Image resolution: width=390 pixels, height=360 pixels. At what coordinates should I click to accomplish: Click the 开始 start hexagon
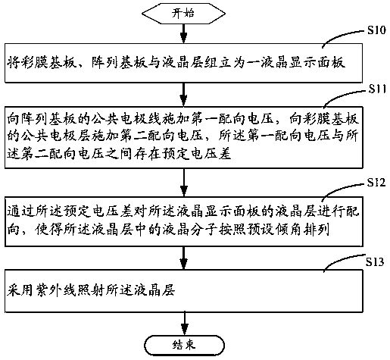click(x=183, y=14)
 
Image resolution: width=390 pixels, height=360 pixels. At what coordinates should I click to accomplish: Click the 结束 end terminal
click(x=184, y=346)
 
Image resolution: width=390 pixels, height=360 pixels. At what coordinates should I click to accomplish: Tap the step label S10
click(x=376, y=30)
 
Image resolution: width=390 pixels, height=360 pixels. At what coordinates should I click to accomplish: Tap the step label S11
click(x=377, y=89)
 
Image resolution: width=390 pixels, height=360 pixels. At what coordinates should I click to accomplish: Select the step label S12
click(x=376, y=182)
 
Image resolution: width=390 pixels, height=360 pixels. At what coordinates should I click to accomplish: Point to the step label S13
click(x=375, y=262)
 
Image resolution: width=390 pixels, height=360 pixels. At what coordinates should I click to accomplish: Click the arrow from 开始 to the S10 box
click(x=184, y=33)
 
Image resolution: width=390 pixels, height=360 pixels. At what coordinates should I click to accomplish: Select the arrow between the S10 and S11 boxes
click(x=184, y=95)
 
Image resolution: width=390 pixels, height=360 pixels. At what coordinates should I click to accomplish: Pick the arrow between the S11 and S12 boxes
click(x=184, y=183)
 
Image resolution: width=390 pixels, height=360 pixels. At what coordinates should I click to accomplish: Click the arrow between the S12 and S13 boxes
click(x=184, y=258)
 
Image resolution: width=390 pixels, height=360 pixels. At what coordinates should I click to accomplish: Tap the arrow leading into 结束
click(x=184, y=324)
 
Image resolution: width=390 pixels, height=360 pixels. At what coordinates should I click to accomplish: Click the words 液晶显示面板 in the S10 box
click(x=302, y=63)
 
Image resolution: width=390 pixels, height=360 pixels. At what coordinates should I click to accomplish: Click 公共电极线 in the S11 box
click(x=126, y=119)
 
